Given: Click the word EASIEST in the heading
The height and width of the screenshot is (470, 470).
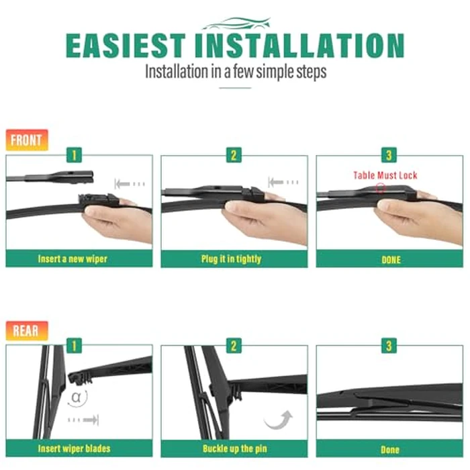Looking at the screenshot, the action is point(126,45).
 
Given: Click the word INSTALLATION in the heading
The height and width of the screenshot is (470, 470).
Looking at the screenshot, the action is point(299,45).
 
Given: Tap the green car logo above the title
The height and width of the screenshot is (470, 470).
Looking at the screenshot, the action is point(237,23).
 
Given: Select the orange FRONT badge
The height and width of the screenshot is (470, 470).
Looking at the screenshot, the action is point(27,140).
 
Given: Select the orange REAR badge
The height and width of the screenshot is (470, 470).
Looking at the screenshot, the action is point(27,331).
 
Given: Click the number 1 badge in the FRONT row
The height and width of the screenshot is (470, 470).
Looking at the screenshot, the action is point(74,155).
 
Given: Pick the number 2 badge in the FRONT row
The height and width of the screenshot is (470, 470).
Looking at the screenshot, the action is point(234,155).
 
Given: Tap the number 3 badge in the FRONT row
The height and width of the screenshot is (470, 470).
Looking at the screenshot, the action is point(389,155).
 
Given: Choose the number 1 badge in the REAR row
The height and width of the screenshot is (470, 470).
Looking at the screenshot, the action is point(74,346).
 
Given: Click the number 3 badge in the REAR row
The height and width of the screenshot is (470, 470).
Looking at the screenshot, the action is point(389,346).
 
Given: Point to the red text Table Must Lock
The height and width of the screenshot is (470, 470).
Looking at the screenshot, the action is point(385,175).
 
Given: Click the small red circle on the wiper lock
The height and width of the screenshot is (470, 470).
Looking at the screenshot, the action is point(381,188).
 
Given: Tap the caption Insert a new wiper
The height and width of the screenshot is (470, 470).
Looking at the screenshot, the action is point(73,258).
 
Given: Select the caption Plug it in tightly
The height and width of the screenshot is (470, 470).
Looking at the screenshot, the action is point(231,258).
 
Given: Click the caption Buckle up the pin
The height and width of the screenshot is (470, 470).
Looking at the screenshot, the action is point(235,449).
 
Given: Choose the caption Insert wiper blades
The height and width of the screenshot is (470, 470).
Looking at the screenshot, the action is point(74,449).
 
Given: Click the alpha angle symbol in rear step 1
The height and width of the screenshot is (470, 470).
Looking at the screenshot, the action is point(77,397).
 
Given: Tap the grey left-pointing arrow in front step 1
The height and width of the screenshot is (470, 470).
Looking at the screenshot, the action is point(130,184).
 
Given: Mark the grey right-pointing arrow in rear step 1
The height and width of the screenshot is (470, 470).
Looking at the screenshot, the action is point(83,420).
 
